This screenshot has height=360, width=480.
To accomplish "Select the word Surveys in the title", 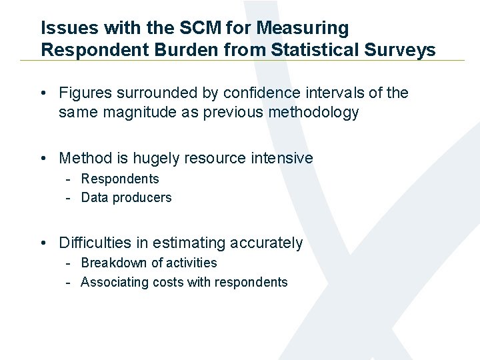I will point(402,49).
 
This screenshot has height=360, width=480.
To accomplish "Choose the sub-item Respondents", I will point(120,179).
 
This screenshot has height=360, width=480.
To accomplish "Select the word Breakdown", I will point(113,263).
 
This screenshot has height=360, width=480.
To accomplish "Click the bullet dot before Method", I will point(43,159).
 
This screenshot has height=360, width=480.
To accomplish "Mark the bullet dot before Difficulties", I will point(43,243).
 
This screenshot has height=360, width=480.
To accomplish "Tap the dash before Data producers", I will point(69,197).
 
